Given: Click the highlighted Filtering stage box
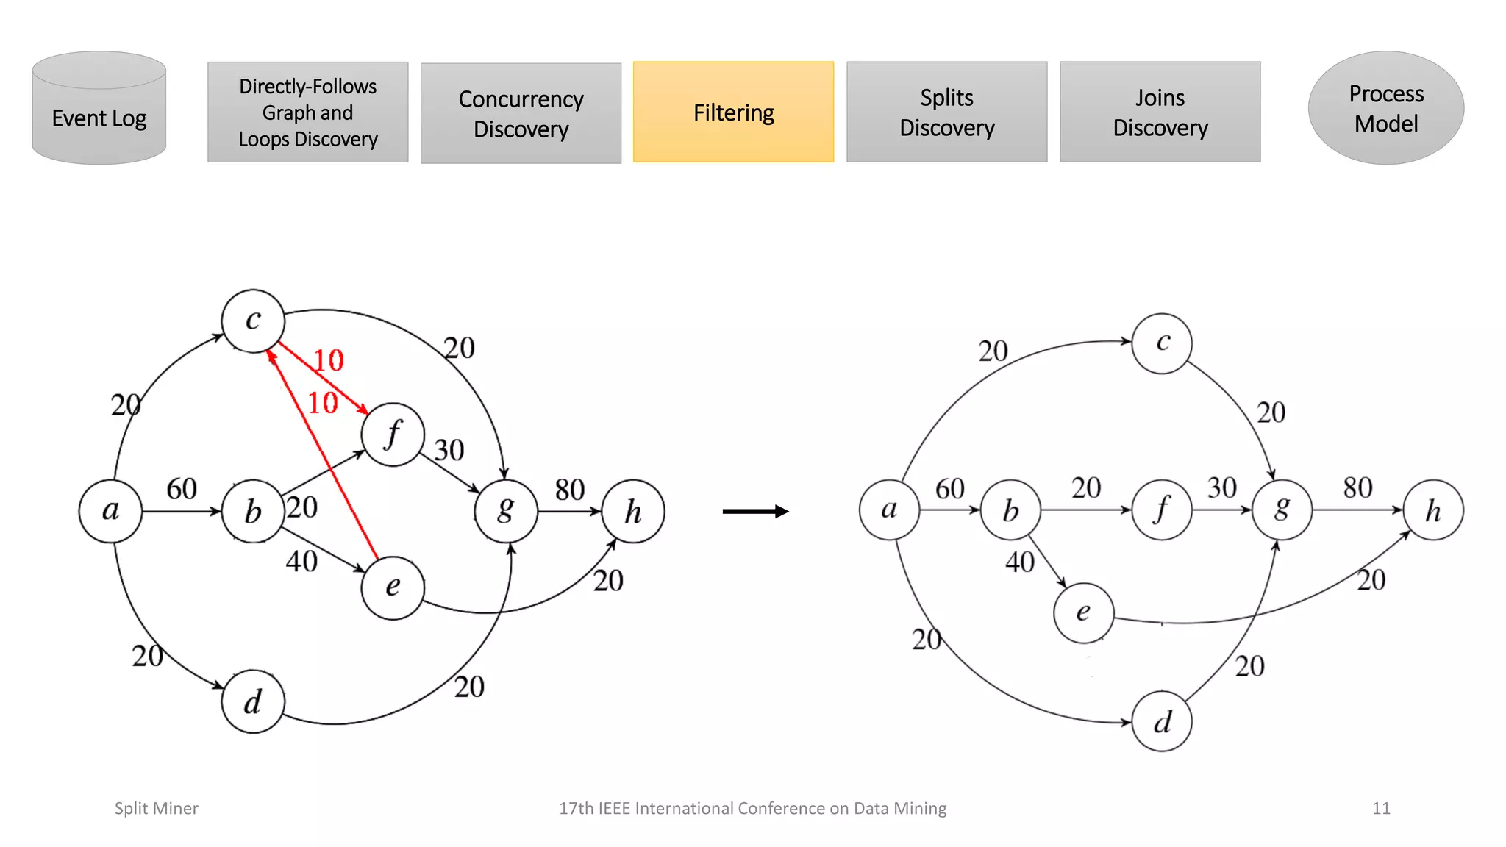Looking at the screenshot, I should [733, 112].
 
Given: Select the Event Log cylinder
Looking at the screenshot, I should [99, 110].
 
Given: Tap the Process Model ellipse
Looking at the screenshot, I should [1385, 108].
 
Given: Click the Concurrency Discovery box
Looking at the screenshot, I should [521, 113].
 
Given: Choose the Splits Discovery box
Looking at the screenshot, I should [946, 112].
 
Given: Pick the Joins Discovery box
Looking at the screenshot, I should [1160, 112].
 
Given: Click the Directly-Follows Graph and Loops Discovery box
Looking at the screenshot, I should [307, 112].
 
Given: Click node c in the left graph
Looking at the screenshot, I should [253, 321].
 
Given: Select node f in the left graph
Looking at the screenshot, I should [393, 434].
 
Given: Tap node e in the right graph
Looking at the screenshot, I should [1083, 612].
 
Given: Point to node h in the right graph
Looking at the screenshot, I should [1432, 510].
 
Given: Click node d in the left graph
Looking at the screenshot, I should [252, 701].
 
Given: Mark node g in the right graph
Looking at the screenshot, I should [1282, 509].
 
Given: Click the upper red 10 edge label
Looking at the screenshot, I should [328, 360].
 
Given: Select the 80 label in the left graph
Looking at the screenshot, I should [569, 490].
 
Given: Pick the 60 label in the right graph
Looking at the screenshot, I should [949, 489].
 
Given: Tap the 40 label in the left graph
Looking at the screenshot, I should [301, 562].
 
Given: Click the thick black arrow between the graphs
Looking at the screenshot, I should [755, 511].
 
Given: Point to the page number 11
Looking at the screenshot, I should [1380, 808].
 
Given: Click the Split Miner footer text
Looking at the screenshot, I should [156, 808].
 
